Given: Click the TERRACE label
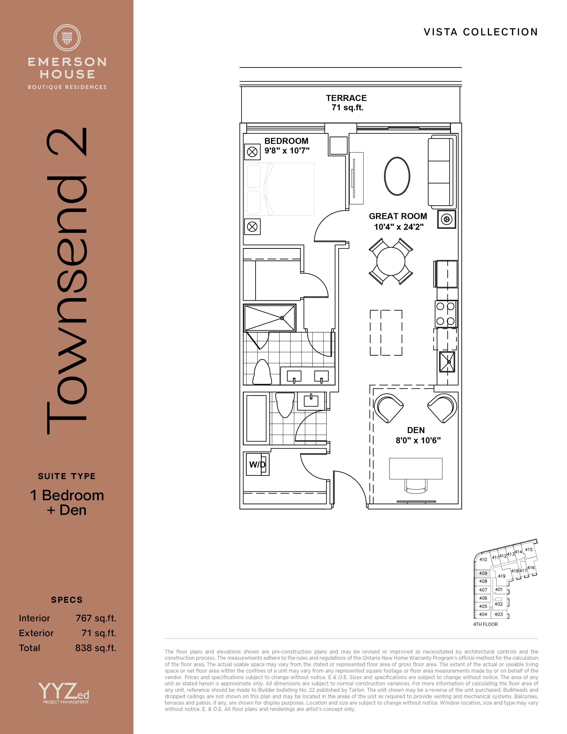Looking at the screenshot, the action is click(x=346, y=98).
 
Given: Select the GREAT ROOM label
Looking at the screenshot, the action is click(x=398, y=216).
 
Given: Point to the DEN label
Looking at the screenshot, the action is click(x=416, y=430).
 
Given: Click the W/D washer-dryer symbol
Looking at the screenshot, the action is click(x=258, y=464).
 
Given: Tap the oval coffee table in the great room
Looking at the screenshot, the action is click(x=397, y=176).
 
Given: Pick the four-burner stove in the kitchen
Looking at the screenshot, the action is click(x=446, y=314).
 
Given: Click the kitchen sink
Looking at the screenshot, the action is click(x=447, y=362).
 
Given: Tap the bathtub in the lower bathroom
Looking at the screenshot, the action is click(x=256, y=418).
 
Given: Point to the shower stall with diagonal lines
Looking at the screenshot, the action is click(x=270, y=318).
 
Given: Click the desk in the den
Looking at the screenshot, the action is click(x=416, y=468).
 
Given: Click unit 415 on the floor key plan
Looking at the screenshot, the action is click(x=529, y=549).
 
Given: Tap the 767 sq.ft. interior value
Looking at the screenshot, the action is click(x=96, y=618).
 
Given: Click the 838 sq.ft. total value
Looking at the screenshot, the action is click(x=96, y=648).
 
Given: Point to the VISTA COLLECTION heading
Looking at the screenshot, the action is click(x=481, y=32).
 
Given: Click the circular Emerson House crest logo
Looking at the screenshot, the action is click(x=67, y=38).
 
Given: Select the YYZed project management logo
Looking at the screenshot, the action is click(x=64, y=693).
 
